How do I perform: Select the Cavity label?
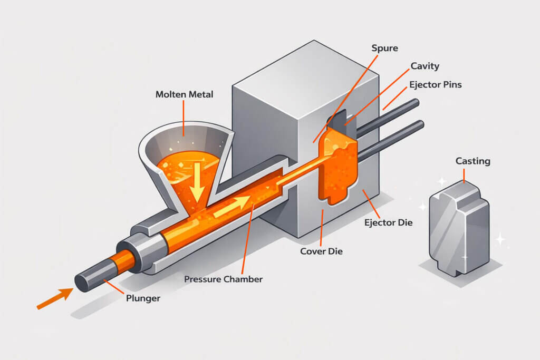425,66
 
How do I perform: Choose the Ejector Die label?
388,222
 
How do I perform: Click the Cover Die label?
321,251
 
